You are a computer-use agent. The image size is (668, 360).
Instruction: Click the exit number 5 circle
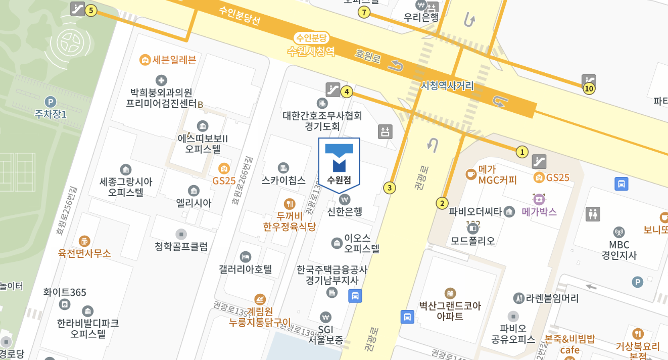point(91,10)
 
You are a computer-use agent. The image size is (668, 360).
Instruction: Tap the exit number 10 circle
point(589,89)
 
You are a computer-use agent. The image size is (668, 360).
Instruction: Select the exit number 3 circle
point(389,188)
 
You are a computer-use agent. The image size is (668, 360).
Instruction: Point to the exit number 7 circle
point(363,13)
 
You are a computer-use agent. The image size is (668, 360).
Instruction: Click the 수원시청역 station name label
point(311,51)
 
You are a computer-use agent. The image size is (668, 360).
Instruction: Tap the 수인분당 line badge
point(312,38)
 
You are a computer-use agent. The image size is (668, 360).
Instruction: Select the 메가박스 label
point(539,212)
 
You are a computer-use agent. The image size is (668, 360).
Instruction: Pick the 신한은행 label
point(345,211)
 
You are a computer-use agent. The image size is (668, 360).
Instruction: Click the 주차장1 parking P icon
point(51,102)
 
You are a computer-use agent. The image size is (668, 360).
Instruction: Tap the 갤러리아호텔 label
point(246,269)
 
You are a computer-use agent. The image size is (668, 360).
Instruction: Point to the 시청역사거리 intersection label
point(447,85)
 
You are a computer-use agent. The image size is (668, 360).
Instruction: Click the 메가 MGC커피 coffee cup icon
point(471,174)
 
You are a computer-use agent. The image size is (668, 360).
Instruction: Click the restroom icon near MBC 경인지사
point(592,214)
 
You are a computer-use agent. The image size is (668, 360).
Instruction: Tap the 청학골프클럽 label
point(181,247)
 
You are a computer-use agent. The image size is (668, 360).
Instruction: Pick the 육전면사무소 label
point(84,253)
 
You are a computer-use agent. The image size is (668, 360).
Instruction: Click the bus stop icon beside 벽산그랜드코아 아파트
point(407,317)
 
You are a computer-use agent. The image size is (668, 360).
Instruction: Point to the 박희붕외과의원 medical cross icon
point(161,80)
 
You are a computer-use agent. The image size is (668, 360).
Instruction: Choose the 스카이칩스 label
point(283,180)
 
